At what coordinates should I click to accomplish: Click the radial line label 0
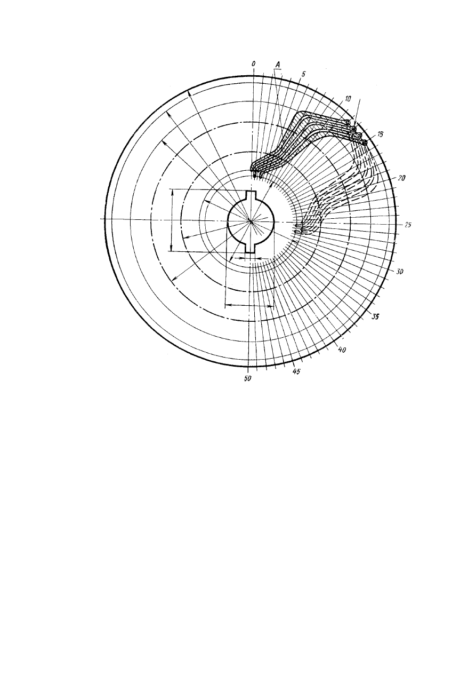click(x=254, y=64)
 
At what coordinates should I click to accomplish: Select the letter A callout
click(x=278, y=65)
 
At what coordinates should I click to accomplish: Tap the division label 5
click(x=303, y=74)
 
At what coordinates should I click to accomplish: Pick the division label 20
click(x=401, y=178)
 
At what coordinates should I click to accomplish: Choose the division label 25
click(x=408, y=225)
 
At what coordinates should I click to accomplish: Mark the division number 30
click(x=399, y=272)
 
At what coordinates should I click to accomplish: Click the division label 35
click(x=375, y=316)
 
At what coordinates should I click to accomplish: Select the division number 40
click(x=342, y=350)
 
